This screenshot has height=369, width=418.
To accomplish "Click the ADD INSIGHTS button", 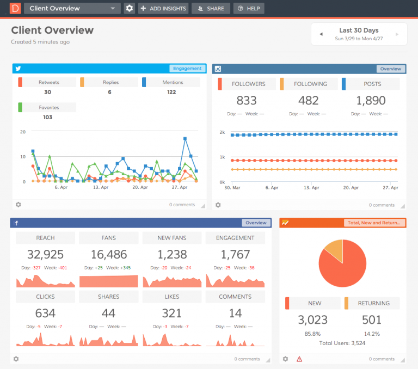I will (163, 9).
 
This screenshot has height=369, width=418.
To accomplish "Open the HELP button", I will (249, 9).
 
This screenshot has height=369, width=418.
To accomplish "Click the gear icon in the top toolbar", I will (129, 9).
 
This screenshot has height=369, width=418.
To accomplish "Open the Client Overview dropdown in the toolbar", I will (72, 9).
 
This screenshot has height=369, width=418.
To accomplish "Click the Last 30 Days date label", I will (359, 30).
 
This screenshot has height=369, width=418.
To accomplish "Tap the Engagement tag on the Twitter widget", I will (188, 69).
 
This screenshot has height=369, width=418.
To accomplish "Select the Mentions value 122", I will (171, 93).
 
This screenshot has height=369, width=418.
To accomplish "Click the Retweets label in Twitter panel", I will (49, 83).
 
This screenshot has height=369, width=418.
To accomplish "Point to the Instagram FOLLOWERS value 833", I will (247, 101).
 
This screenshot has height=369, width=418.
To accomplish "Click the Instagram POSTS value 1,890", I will (371, 101).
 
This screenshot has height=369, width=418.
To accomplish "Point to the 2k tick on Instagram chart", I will (222, 132).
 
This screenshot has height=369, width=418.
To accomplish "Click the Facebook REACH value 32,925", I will (45, 255).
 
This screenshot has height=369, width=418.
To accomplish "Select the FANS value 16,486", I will (109, 255).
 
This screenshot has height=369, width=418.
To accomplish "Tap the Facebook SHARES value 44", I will (109, 313).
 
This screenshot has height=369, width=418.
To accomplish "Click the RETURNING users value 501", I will (372, 319).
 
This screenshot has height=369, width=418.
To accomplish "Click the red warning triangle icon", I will (299, 359).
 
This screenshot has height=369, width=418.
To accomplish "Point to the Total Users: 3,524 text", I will (342, 343).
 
